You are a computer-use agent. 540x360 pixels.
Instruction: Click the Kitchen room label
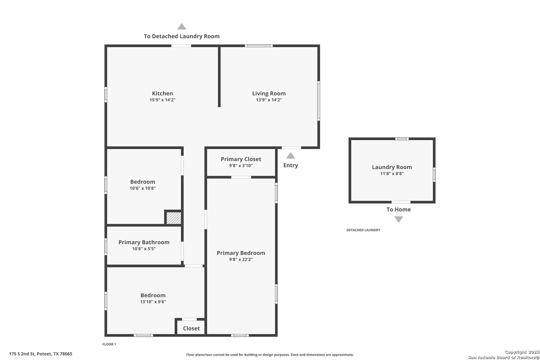click(162, 93)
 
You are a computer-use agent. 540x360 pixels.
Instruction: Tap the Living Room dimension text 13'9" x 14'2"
click(269, 100)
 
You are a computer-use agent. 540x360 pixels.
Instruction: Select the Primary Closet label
click(241, 159)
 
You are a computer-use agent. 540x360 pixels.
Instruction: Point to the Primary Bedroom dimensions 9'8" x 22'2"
click(241, 259)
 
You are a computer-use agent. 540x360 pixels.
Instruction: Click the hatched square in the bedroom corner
click(174, 218)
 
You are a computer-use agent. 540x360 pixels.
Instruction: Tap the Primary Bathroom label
click(144, 242)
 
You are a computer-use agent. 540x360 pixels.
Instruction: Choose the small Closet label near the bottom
click(191, 328)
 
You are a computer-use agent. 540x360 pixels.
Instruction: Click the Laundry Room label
click(392, 167)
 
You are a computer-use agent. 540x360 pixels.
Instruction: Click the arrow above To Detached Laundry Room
click(182, 27)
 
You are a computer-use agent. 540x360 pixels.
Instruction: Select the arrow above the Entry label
click(290, 156)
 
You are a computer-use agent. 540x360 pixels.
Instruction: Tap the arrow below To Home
click(398, 219)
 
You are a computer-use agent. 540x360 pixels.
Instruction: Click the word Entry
click(290, 165)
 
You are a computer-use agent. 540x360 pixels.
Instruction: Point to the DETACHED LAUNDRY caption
click(363, 230)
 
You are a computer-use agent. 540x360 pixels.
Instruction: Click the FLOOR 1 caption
click(109, 344)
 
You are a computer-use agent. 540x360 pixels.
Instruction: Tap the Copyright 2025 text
click(522, 352)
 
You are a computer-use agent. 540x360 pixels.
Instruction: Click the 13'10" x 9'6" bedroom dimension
click(153, 302)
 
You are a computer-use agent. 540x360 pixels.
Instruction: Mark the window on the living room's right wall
click(319, 101)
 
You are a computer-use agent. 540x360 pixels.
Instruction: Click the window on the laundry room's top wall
click(402, 139)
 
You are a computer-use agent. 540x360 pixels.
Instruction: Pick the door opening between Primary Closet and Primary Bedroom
click(241, 177)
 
